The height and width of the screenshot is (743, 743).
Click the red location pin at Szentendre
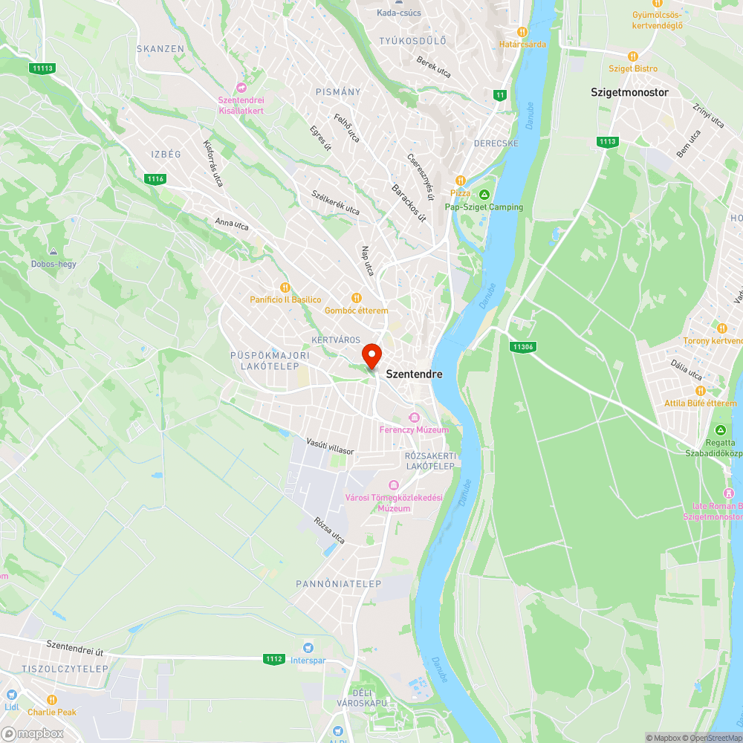click(371, 354)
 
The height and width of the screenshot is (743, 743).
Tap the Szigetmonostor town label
click(629, 93)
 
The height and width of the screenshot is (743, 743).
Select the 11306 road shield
click(524, 347)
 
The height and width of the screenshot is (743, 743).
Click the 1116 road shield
click(155, 179)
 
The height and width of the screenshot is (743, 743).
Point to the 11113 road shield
click(43, 68)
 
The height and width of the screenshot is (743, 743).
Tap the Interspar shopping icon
click(308, 648)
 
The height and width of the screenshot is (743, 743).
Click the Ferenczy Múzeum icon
click(415, 418)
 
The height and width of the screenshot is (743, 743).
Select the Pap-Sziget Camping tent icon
click(484, 195)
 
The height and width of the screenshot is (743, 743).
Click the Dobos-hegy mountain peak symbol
click(53, 252)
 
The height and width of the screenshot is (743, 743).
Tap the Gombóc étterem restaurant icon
click(356, 298)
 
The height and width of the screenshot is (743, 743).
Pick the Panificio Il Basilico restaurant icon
click(285, 288)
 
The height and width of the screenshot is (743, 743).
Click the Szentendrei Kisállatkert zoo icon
click(241, 88)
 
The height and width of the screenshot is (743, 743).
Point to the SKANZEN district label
click(160, 49)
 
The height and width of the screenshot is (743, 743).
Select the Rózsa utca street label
click(330, 531)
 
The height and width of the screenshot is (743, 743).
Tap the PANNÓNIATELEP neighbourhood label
click(338, 584)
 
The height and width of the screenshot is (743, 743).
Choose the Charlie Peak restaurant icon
click(52, 700)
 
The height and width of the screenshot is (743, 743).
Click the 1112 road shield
click(273, 659)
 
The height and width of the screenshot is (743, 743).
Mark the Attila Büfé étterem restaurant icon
click(700, 391)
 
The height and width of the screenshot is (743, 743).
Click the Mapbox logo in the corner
click(33, 733)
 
